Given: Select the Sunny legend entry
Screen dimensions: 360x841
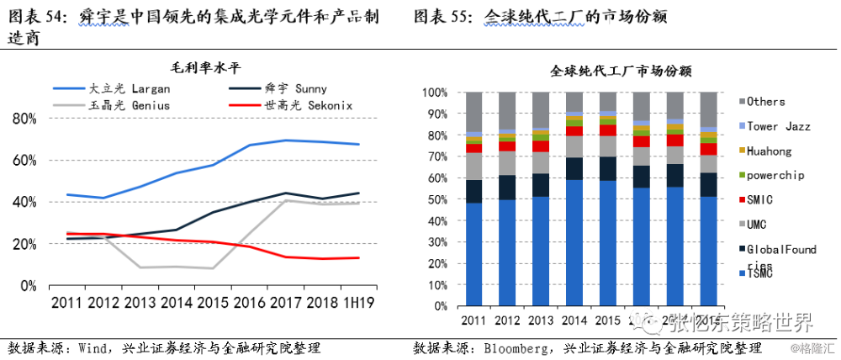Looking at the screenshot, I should (x=290, y=88).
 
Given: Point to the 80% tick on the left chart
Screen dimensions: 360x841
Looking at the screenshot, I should (x=25, y=119).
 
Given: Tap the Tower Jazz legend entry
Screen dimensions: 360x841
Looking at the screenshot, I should (x=778, y=126).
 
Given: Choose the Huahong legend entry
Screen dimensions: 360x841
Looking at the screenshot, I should (x=770, y=151).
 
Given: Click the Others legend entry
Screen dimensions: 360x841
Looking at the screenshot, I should (x=765, y=102).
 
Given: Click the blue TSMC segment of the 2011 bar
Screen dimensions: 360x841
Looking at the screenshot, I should (x=474, y=252).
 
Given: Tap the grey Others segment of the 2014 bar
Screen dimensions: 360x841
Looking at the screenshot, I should (x=575, y=101).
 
